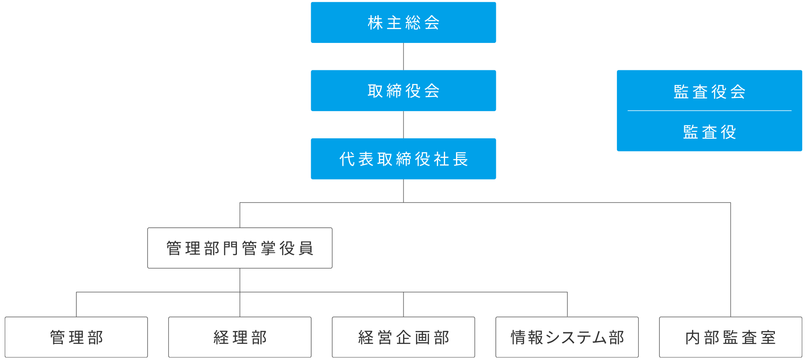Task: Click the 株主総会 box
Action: (x=403, y=23)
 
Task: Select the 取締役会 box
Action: (x=403, y=91)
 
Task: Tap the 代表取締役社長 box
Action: (x=403, y=159)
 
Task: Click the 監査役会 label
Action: (x=709, y=92)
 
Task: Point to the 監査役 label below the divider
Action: (x=709, y=132)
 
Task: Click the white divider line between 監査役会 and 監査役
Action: (x=709, y=111)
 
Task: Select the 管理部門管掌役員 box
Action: (x=240, y=248)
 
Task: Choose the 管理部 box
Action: (x=76, y=337)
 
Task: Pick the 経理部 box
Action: (x=240, y=337)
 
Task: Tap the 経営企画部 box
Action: (x=403, y=337)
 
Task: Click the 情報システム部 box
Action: (x=567, y=337)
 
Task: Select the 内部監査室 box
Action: (x=731, y=337)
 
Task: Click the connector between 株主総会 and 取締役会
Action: (x=403, y=56)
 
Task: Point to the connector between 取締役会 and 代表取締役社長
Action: (x=403, y=124)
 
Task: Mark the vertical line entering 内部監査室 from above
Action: (x=731, y=259)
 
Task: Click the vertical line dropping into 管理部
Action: (x=76, y=304)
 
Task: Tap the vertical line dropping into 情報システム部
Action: (x=567, y=304)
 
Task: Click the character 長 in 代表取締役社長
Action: (x=460, y=159)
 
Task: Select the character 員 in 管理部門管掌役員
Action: (x=306, y=249)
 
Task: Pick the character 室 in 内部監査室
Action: (x=768, y=337)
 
